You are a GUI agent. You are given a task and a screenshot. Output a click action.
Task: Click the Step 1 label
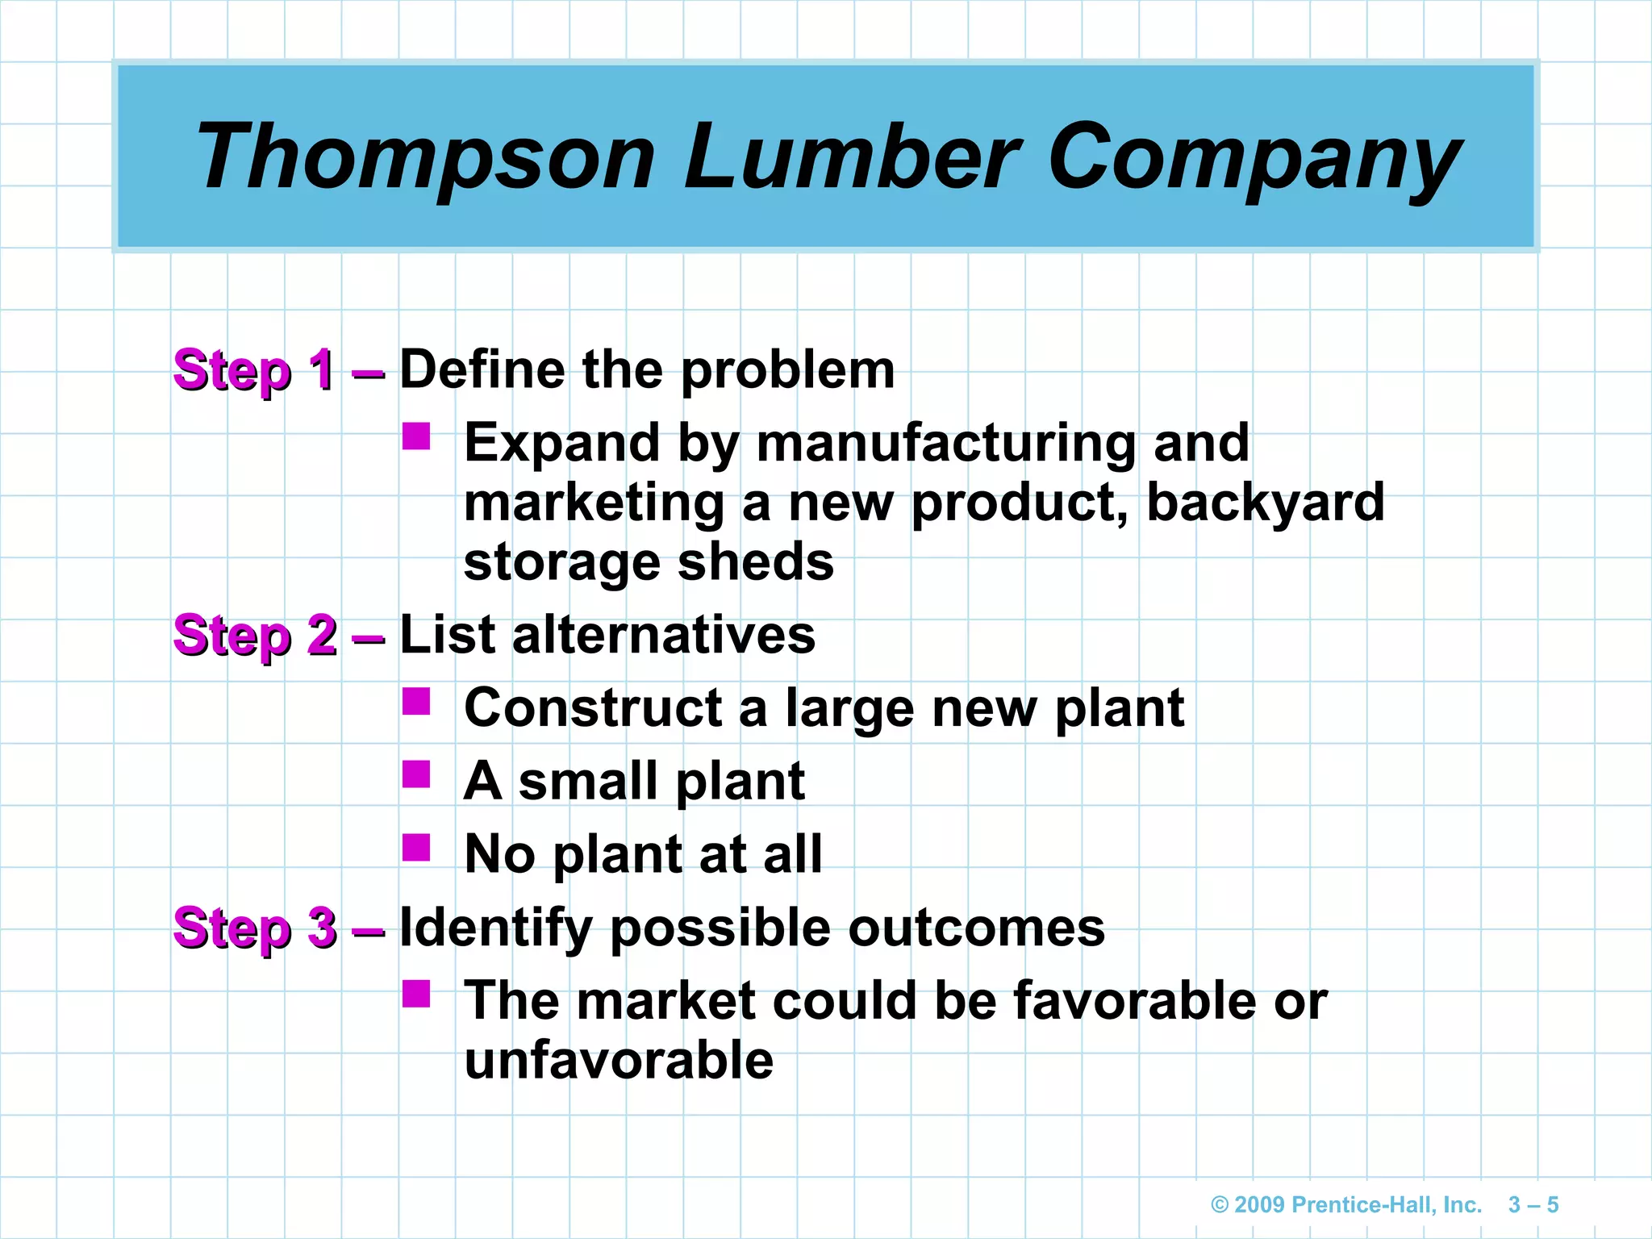[x=254, y=370]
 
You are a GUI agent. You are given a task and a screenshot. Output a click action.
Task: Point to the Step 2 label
[x=255, y=635]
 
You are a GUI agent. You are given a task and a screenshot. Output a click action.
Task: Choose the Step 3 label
[x=255, y=928]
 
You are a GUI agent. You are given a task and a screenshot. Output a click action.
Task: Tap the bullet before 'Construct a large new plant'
[x=416, y=702]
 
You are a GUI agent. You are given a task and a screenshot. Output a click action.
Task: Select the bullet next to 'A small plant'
[x=416, y=774]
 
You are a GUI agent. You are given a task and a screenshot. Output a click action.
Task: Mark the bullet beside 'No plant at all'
[x=416, y=848]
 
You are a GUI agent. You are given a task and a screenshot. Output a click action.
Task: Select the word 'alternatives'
[x=663, y=635]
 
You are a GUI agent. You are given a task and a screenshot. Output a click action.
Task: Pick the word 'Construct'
[x=593, y=708]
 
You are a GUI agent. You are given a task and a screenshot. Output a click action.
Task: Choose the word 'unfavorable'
[x=619, y=1060]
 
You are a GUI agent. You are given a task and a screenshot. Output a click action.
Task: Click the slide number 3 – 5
[x=1533, y=1205]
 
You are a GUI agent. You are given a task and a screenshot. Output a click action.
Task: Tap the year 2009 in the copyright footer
[x=1259, y=1205]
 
